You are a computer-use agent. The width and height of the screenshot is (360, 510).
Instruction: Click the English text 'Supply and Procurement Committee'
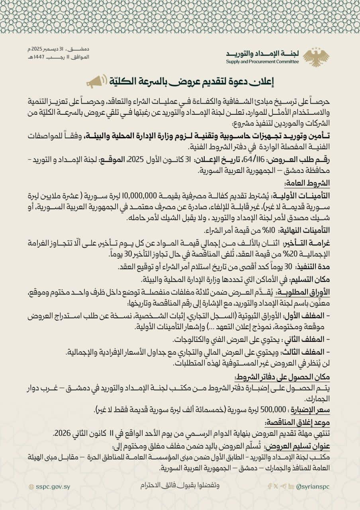(x=262, y=61)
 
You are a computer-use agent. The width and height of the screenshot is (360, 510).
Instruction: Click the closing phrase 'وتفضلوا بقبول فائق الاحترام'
(x=180, y=486)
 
